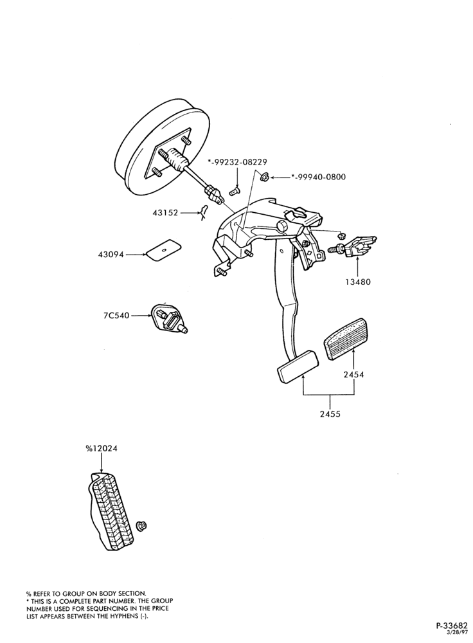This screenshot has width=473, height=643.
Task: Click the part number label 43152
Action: [165, 213]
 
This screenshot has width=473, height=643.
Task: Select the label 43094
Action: [111, 255]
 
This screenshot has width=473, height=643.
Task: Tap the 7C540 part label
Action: [117, 316]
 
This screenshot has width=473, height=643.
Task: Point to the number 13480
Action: [357, 282]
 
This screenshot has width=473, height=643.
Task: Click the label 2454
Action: [353, 374]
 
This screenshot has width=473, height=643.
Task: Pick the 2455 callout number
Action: [330, 414]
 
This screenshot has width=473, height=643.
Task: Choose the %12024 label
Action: [102, 449]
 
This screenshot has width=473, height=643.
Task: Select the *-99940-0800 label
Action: [319, 177]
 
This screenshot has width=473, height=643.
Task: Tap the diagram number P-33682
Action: [451, 626]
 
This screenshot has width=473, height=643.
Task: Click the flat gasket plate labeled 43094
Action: [164, 249]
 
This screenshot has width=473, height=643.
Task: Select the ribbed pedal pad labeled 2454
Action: [346, 339]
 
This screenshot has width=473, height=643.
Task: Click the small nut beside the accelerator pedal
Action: [141, 526]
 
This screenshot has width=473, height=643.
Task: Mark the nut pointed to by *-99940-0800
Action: [264, 177]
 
